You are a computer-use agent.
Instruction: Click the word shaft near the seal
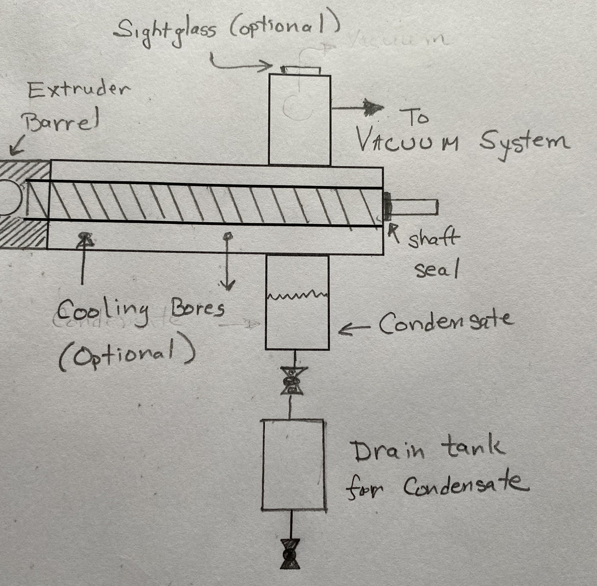(433, 239)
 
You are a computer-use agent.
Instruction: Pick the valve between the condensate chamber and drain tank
(291, 381)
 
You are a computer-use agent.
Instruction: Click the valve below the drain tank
(290, 558)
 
